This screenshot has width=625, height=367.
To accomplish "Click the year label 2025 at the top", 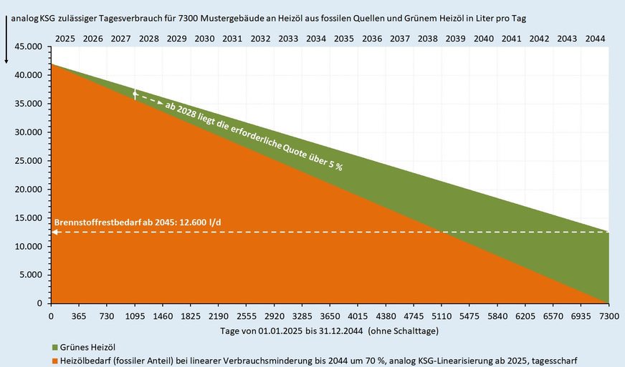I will tap(65, 38).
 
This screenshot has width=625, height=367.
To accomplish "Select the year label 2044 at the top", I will tap(595, 38).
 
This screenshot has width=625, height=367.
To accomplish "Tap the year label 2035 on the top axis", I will tap(344, 38).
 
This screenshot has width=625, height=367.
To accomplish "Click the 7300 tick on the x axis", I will tap(609, 315).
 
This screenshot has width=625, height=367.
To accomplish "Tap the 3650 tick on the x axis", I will tap(330, 315).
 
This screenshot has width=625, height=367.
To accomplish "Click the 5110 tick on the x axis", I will tap(442, 315).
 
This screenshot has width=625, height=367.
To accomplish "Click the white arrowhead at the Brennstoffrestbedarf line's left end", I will tap(54, 232).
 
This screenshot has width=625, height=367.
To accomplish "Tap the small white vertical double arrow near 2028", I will tap(135, 94).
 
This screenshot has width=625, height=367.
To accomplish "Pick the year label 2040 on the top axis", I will tap(484, 38).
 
